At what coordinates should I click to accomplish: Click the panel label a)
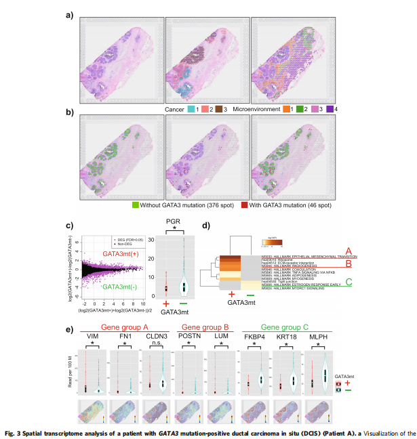69,14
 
